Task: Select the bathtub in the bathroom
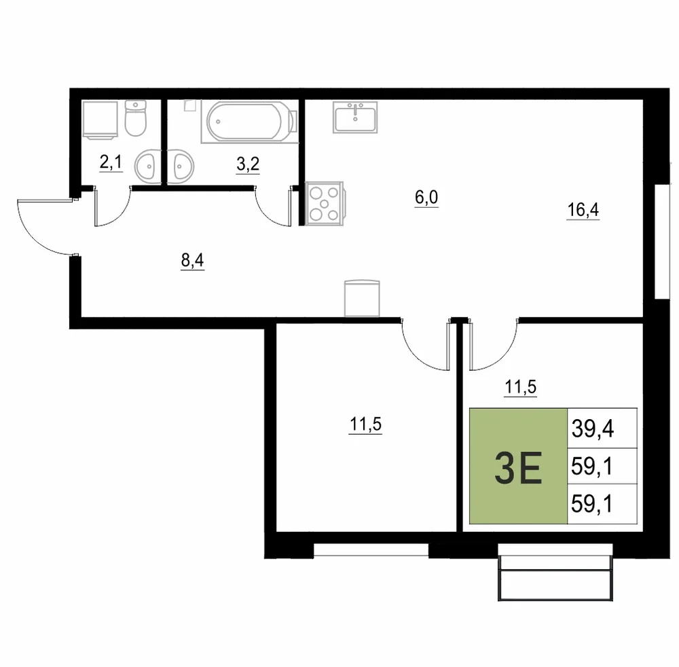[x=249, y=122]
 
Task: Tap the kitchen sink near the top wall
[x=355, y=117]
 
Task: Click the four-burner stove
[x=325, y=204]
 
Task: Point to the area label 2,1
[x=111, y=163]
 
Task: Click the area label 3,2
[x=248, y=164]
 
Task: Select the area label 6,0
[x=426, y=198]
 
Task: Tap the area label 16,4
[x=583, y=211]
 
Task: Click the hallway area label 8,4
[x=192, y=261]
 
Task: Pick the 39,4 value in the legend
[x=592, y=429]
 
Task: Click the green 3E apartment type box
[x=518, y=466]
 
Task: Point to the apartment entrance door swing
[x=46, y=227]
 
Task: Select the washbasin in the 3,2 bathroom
[x=180, y=166]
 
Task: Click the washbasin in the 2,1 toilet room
[x=148, y=166]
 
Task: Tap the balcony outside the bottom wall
[x=555, y=572]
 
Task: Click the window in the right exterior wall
[x=663, y=242]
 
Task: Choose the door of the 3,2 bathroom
[x=273, y=206]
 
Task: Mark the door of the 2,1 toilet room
[x=113, y=206]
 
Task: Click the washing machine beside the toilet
[x=100, y=120]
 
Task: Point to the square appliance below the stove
[x=362, y=298]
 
